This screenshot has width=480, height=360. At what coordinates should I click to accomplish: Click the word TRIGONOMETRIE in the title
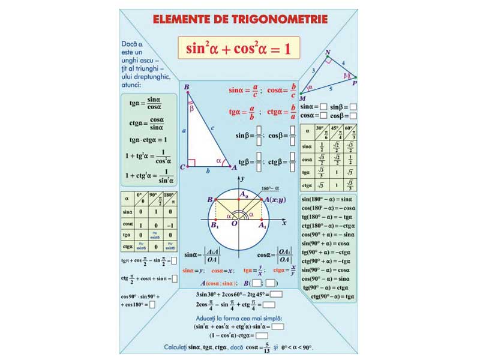click(280, 19)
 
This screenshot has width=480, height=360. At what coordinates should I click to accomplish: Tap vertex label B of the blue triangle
click(187, 88)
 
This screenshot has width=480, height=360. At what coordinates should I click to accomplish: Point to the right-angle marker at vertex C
click(191, 163)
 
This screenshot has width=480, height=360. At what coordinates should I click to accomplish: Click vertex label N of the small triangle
click(328, 53)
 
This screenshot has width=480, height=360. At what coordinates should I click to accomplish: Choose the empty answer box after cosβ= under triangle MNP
click(353, 115)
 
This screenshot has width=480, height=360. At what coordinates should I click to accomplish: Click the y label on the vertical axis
click(242, 179)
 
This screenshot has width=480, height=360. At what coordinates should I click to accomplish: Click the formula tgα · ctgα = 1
click(148, 140)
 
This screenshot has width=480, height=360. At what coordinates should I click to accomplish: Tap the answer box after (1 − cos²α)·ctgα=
click(262, 336)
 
